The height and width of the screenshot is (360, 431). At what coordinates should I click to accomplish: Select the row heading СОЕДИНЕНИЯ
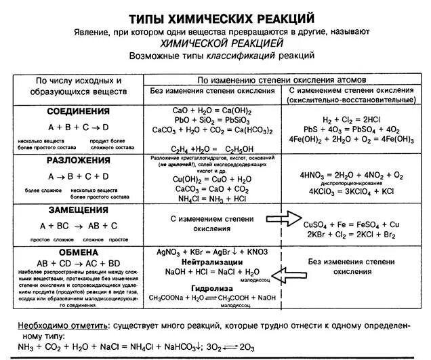[79, 110]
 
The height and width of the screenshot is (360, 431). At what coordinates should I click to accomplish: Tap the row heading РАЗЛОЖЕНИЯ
[79, 160]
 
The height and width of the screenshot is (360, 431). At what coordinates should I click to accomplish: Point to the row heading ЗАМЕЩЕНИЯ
[79, 211]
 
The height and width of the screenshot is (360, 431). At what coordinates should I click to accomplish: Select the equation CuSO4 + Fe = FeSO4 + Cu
[351, 224]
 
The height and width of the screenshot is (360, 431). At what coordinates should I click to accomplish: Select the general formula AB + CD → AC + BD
[79, 262]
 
